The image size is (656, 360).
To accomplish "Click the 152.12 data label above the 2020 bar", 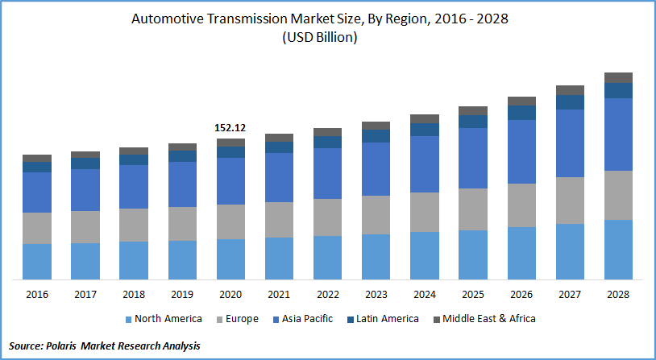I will (x=230, y=127).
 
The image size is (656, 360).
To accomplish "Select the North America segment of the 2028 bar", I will (x=618, y=250).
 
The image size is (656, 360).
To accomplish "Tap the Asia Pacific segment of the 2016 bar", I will (x=37, y=192).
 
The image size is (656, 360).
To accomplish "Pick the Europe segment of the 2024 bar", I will (x=425, y=212).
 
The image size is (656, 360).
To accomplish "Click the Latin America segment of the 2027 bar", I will (x=570, y=102).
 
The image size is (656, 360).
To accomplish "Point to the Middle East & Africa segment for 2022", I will (x=328, y=132).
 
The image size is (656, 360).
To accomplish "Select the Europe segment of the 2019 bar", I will (x=182, y=224).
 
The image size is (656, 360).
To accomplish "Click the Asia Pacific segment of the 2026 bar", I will (x=521, y=151).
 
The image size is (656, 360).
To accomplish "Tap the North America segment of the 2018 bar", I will (x=134, y=260).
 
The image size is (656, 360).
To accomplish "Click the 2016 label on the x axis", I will (x=37, y=295).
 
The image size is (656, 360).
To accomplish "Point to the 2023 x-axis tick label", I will (x=376, y=295).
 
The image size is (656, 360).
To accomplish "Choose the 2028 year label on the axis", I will (x=618, y=295).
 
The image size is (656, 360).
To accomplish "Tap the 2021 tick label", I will (x=279, y=295).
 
